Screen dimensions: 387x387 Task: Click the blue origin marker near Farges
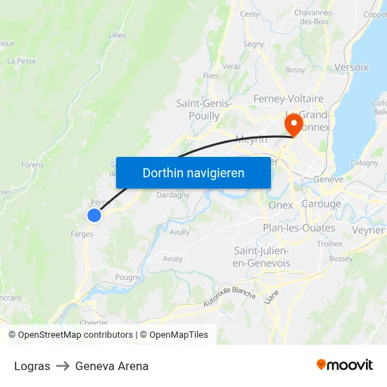pyautogui.click(x=94, y=215)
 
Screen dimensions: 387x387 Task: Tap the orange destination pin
pyautogui.click(x=293, y=125)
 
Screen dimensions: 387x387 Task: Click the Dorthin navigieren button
pyautogui.click(x=193, y=172)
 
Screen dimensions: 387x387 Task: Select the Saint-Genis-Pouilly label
pyautogui.click(x=198, y=110)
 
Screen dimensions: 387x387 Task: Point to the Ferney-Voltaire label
pyautogui.click(x=288, y=99)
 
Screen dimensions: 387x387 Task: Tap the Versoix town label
pyautogui.click(x=351, y=68)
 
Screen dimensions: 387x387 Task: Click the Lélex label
pyautogui.click(x=118, y=34)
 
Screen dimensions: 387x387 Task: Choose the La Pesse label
pyautogui.click(x=22, y=61)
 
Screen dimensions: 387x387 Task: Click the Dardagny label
pyautogui.click(x=172, y=195)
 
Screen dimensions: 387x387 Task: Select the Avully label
pyautogui.click(x=179, y=231)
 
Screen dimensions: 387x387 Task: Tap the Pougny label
pyautogui.click(x=128, y=277)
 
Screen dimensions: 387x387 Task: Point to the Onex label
pyautogui.click(x=281, y=205)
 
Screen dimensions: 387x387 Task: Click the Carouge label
pyautogui.click(x=321, y=204)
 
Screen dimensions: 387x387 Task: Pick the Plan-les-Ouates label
pyautogui.click(x=299, y=228)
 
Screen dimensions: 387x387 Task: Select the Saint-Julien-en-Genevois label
pyautogui.click(x=262, y=257)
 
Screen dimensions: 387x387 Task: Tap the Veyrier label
pyautogui.click(x=368, y=230)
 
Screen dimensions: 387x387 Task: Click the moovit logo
pyautogui.click(x=345, y=364)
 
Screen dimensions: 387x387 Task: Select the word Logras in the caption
pyautogui.click(x=32, y=366)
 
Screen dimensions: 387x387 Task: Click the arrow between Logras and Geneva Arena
pyautogui.click(x=63, y=366)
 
